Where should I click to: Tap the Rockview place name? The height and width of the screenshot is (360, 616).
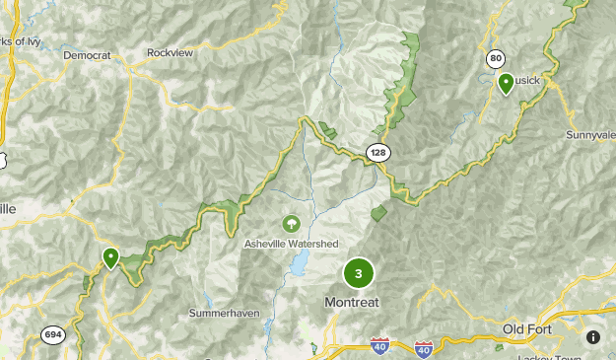click(x=171, y=52)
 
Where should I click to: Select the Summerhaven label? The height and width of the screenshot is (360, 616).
click(x=221, y=313)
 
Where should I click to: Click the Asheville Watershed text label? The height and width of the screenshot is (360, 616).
click(x=292, y=244)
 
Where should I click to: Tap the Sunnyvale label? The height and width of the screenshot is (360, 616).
click(x=590, y=134)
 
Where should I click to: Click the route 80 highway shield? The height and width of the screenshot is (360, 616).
click(x=495, y=59)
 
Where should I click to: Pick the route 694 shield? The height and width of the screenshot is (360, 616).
click(x=53, y=335)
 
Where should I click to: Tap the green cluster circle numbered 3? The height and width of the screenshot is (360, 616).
click(x=358, y=274)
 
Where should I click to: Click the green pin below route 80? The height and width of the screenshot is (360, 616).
click(x=506, y=84)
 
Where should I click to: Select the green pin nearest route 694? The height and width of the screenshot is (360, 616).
click(x=111, y=258)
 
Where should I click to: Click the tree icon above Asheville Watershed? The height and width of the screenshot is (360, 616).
click(x=291, y=225)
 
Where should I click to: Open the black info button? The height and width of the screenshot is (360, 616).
click(x=593, y=336)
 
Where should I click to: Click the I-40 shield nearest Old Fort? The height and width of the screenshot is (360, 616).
click(x=424, y=348)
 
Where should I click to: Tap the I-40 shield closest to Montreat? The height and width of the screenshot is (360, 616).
click(x=380, y=346)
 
